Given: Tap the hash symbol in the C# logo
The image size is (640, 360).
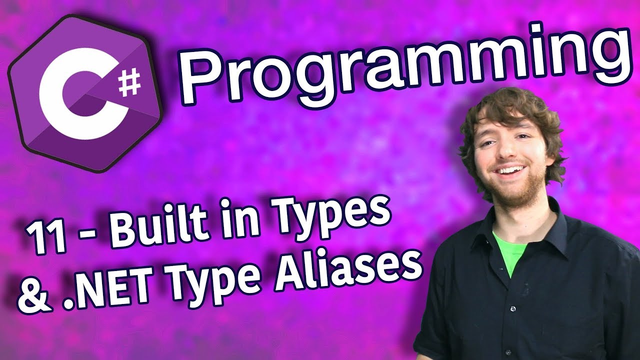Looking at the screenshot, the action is pyautogui.click(x=129, y=83).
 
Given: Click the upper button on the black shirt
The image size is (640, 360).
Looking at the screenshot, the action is pyautogui.click(x=513, y=308).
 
